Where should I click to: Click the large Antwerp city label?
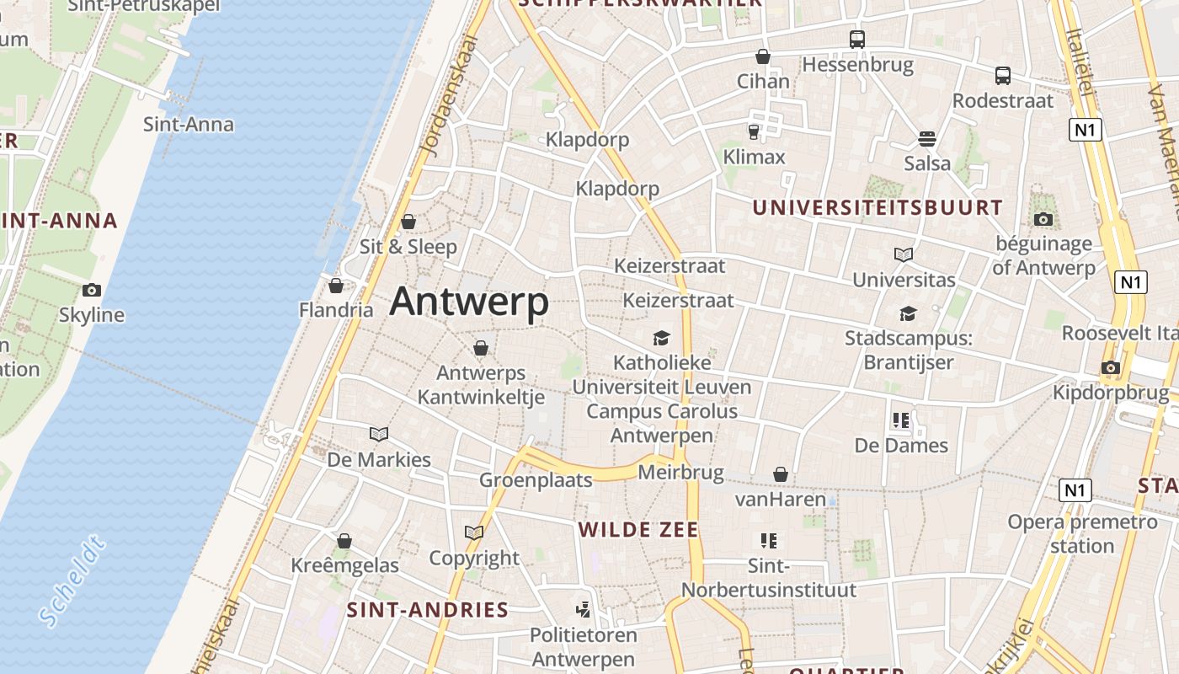pyautogui.click(x=469, y=302)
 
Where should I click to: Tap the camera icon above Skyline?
pyautogui.click(x=92, y=290)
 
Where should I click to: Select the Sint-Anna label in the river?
pyautogui.click(x=189, y=125)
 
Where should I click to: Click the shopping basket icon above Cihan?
pyautogui.click(x=763, y=56)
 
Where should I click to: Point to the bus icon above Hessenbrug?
pyautogui.click(x=857, y=39)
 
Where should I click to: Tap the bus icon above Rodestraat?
pyautogui.click(x=1003, y=75)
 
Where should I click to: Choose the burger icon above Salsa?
pyautogui.click(x=927, y=138)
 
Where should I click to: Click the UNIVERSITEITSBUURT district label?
pyautogui.click(x=878, y=207)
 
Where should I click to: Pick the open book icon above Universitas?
pyautogui.click(x=904, y=254)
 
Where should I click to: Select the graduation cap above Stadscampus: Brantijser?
pyautogui.click(x=908, y=313)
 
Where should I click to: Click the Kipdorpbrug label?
pyautogui.click(x=1111, y=393)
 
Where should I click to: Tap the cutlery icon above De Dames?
pyautogui.click(x=901, y=420)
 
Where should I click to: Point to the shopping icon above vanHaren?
pyautogui.click(x=781, y=475)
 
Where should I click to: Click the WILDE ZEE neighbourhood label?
pyautogui.click(x=638, y=529)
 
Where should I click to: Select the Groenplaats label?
pyautogui.click(x=536, y=480)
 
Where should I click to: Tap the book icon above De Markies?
pyautogui.click(x=379, y=434)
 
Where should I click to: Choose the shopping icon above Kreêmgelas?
pyautogui.click(x=344, y=541)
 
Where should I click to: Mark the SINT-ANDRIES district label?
pyautogui.click(x=428, y=610)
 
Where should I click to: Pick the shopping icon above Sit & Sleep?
pyautogui.click(x=408, y=222)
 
